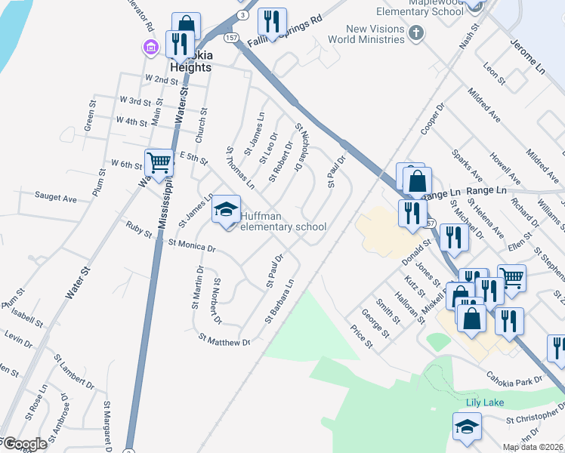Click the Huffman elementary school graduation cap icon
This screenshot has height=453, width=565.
click(x=226, y=211)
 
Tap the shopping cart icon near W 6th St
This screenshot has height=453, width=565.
click(x=159, y=162)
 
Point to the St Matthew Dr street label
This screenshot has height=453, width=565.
click(x=224, y=341)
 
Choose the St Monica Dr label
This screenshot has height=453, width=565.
click(x=192, y=245)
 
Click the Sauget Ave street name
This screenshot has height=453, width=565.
click(x=56, y=198)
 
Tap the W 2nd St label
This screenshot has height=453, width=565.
click(x=161, y=79)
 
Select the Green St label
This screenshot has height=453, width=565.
click(x=90, y=119)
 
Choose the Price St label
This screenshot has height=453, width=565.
click(x=363, y=336)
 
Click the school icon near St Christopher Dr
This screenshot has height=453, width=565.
click(x=467, y=427)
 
